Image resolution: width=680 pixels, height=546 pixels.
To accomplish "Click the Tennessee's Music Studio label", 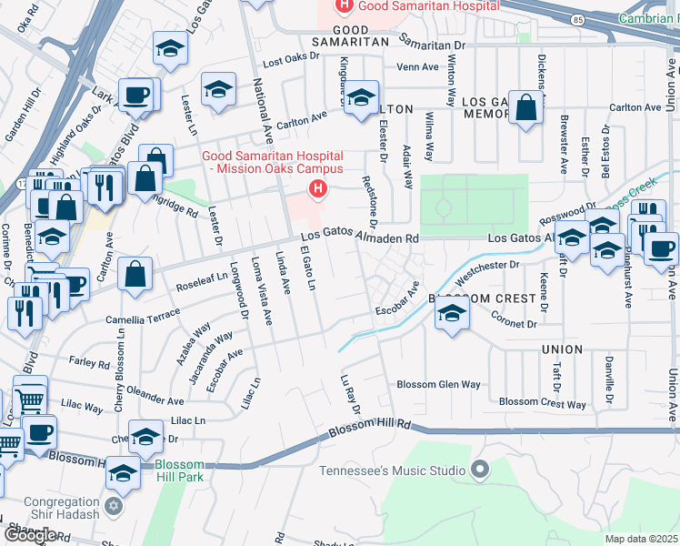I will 392,470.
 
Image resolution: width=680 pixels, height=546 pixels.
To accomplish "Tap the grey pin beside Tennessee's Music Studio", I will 481,470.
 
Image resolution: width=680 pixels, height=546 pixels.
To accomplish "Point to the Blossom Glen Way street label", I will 438,385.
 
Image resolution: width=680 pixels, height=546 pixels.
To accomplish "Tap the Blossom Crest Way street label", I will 543,402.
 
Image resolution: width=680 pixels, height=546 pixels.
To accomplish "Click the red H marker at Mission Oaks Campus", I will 317,189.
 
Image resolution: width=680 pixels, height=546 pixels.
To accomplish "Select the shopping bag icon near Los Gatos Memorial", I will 526,109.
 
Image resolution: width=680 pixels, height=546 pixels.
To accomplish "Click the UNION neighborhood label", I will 562,349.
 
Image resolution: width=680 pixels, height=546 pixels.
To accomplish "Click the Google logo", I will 30,535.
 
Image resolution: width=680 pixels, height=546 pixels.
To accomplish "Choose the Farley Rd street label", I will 89,362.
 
